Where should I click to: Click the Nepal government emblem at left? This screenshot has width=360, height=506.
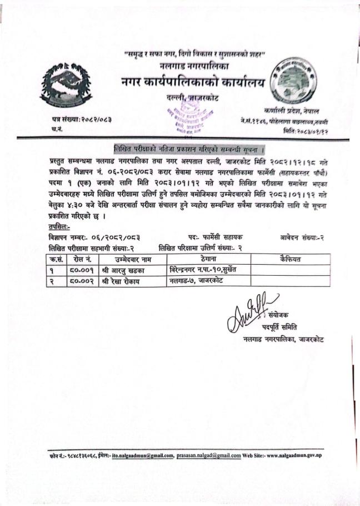pyautogui.click(x=66, y=85)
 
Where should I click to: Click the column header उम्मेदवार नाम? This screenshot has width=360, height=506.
pyautogui.click(x=130, y=259)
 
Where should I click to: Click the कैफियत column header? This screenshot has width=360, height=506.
pyautogui.click(x=290, y=259)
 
